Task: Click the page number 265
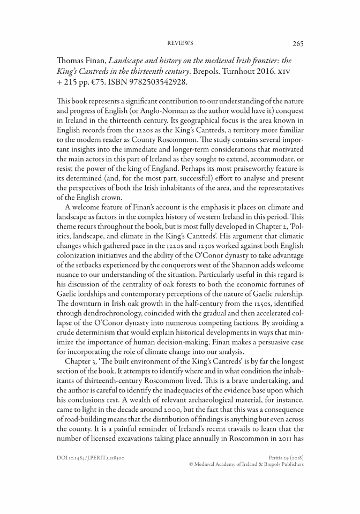pyautogui.click(x=298, y=43)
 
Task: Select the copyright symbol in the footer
pyautogui.click(x=192, y=465)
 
